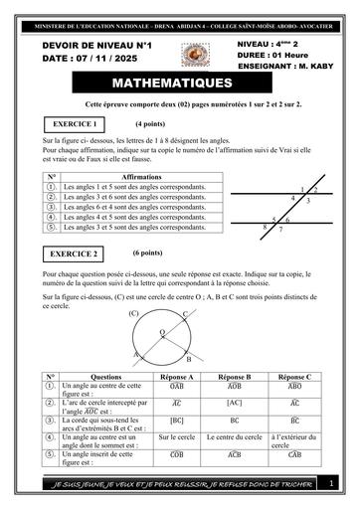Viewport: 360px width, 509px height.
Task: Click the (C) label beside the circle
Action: (133, 314)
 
